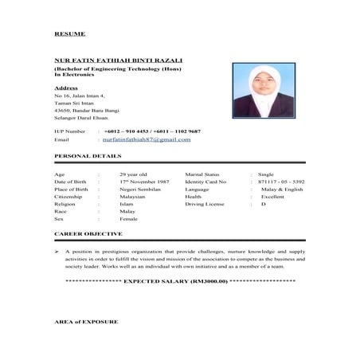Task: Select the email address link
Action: (x=147, y=139)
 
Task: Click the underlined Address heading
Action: (x=66, y=88)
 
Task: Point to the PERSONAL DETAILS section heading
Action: (x=88, y=157)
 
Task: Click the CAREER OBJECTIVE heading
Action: (x=88, y=234)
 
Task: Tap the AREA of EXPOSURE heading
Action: (x=85, y=322)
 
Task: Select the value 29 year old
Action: (x=134, y=174)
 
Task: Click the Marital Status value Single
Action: (x=266, y=174)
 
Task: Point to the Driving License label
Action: (x=205, y=205)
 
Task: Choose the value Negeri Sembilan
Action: (x=139, y=190)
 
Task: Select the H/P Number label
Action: (x=69, y=131)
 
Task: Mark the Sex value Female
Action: (x=128, y=220)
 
